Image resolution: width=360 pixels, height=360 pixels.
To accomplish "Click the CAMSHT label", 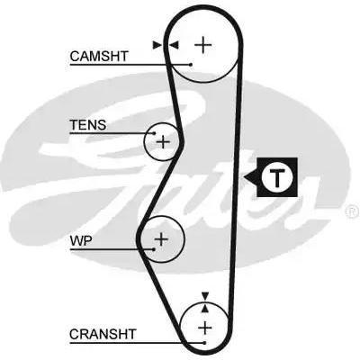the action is (99, 56).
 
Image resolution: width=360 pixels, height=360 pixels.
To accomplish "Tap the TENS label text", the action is (88, 125).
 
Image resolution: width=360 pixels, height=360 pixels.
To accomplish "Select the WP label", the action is (81, 240).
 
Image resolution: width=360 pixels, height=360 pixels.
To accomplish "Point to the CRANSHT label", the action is (103, 334).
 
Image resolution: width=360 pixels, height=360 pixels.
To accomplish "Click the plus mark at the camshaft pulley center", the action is (203, 45).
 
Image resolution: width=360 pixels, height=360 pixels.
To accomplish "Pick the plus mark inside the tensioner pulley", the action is (163, 141).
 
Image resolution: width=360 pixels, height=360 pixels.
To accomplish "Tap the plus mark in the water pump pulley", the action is (161, 239).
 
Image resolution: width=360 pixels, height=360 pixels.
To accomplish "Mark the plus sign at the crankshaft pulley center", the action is (205, 328).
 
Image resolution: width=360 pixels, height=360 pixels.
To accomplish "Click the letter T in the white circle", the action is (276, 177).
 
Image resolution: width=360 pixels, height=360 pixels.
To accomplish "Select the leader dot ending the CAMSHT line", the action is (191, 64).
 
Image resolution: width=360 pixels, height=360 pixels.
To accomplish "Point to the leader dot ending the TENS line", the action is (155, 133).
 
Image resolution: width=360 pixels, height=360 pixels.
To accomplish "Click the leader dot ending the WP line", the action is (154, 249).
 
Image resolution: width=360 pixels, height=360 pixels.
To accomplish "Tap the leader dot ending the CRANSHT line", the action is (204, 343).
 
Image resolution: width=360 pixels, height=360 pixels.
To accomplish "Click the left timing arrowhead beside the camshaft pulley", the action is (157, 45).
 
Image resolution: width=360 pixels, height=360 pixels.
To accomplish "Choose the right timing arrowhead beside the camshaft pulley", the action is (175, 45).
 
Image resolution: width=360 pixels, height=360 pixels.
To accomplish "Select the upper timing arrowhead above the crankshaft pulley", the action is (205, 296).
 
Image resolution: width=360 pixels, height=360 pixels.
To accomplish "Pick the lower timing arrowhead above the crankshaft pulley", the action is (205, 308).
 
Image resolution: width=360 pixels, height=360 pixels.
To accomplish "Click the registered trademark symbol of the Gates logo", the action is (352, 211).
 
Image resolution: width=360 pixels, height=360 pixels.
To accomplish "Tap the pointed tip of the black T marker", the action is (244, 177).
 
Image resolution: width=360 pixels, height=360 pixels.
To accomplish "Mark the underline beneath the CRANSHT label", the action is (137, 343).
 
